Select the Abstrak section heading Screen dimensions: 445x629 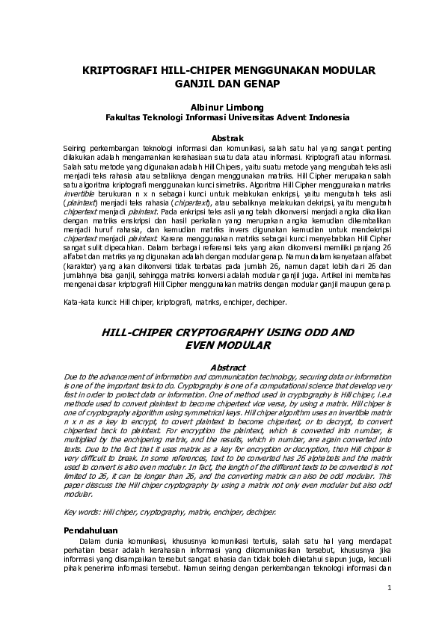(x=228, y=138)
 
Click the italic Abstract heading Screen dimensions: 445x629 (x=228, y=367)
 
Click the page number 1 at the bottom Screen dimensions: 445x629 (x=390, y=588)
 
